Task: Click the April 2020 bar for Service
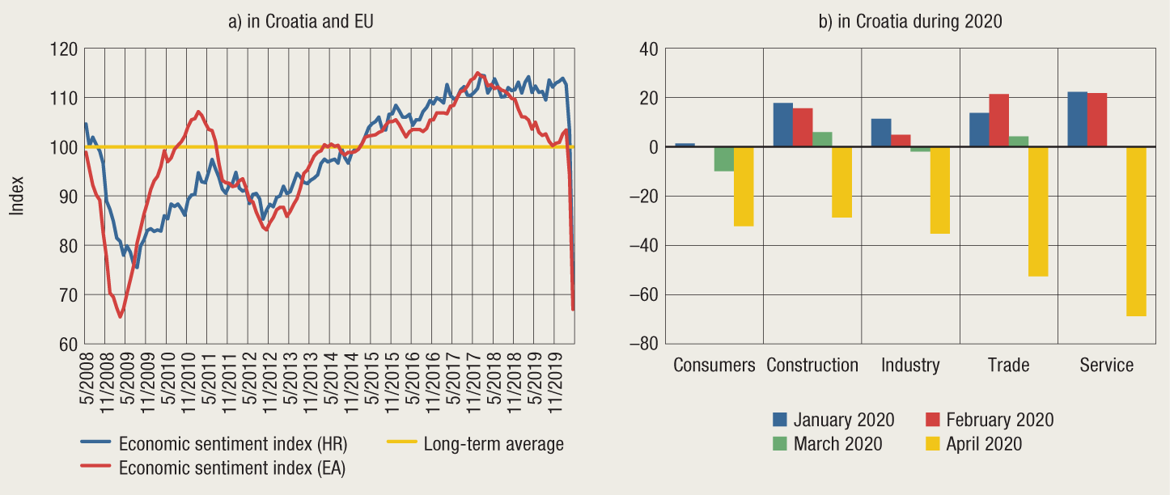(1136, 231)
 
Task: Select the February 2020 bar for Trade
(999, 121)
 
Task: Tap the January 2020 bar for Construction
(783, 125)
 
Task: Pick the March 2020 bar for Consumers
(724, 159)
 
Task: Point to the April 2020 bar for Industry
(939, 190)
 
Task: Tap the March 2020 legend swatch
(780, 444)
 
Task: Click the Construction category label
(812, 366)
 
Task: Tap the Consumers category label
(714, 366)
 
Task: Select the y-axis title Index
(17, 196)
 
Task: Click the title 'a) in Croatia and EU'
(299, 22)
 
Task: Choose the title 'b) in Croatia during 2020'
(910, 22)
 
